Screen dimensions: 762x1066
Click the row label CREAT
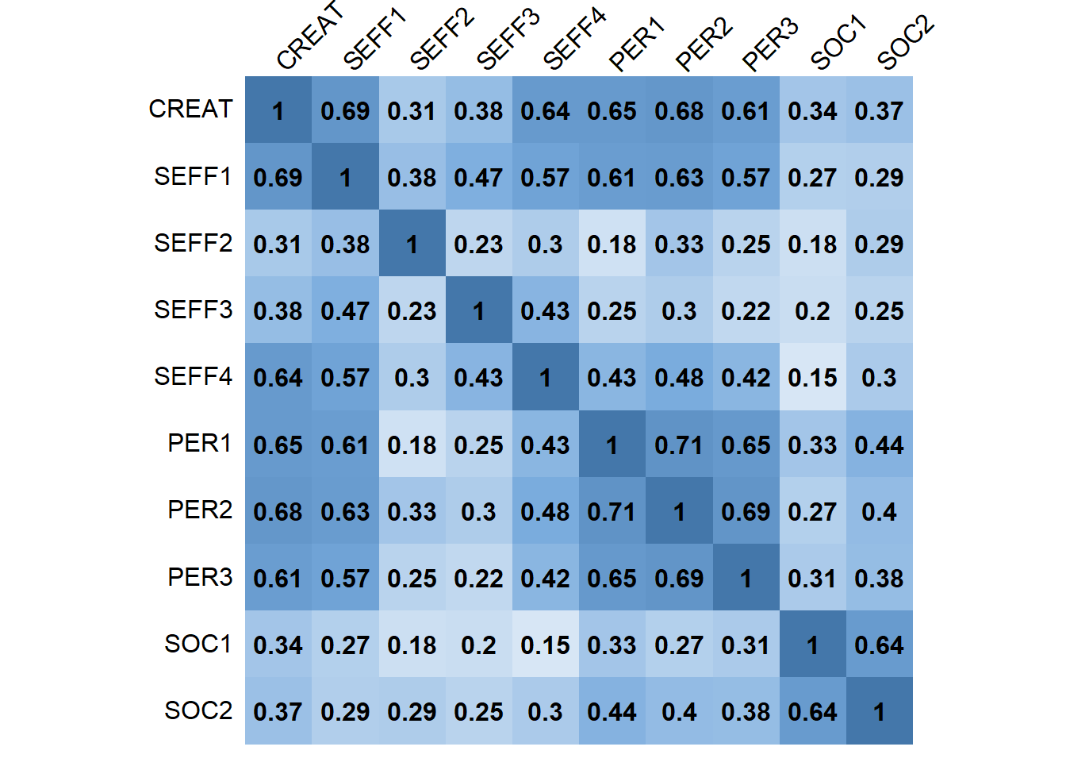pos(190,110)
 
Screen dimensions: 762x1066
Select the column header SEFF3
pos(508,40)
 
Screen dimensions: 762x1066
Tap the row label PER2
pos(200,510)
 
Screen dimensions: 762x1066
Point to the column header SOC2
pos(906,43)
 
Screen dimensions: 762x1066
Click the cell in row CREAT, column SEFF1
pos(345,110)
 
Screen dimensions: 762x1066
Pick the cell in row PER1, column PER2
pos(679,444)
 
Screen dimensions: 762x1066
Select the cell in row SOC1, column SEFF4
pos(545,645)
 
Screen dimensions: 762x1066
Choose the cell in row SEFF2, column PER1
pos(612,244)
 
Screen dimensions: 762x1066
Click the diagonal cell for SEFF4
pos(545,377)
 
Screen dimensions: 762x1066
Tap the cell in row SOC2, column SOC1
pos(812,711)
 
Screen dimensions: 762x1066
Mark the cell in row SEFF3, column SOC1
pos(812,310)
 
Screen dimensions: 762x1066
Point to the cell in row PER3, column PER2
pos(679,578)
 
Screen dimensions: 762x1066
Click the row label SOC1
pos(198,644)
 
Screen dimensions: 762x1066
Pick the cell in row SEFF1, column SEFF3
pos(478,177)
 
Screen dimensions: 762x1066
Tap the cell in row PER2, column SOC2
pos(879,511)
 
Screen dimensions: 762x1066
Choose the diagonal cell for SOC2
pos(879,711)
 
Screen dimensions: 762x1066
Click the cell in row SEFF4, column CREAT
pos(278,377)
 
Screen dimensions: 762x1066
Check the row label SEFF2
pos(193,243)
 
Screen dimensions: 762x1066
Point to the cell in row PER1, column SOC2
pos(879,444)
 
